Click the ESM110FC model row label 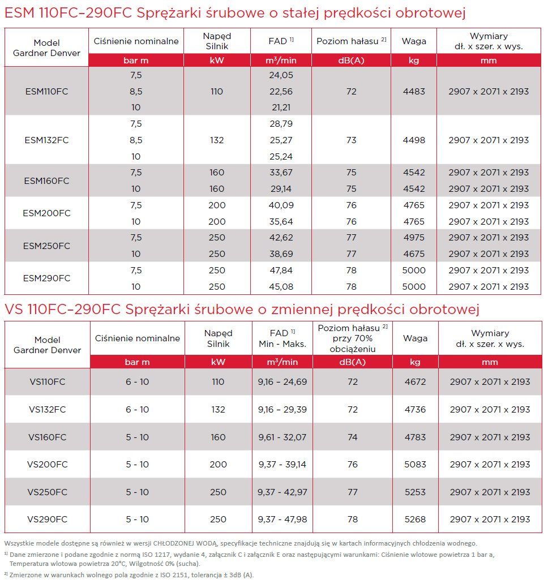pos(46,91)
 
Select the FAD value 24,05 pos(282,75)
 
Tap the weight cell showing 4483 pos(413,91)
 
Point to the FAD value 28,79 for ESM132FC pos(282,123)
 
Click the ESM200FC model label pos(46,213)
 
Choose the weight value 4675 pos(413,254)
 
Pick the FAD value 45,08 pos(282,286)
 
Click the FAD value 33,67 pos(282,172)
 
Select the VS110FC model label pos(48,382)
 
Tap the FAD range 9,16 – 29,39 pos(282,409)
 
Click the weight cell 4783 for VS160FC pos(415,437)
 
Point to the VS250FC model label pos(48,492)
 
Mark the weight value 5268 pos(415,519)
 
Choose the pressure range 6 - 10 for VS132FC pos(137,409)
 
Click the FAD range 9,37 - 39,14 pos(282,464)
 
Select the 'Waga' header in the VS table pos(415,338)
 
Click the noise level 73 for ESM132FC pos(351,140)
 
